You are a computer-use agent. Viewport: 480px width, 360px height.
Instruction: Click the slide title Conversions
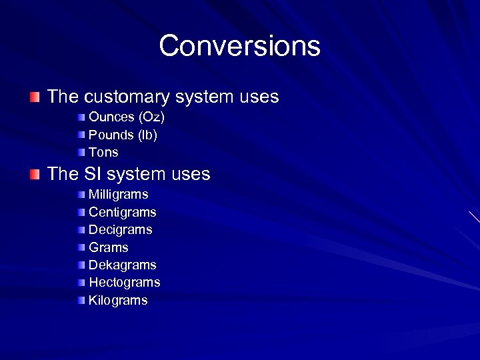(239, 46)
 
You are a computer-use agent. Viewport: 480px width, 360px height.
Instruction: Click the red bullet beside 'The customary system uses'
(35, 97)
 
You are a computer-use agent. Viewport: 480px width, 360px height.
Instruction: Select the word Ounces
(111, 117)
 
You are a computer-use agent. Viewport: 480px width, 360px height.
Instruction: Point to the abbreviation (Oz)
(151, 117)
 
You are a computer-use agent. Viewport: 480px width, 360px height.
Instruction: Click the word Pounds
(111, 135)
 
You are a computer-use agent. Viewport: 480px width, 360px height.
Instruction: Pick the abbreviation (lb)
(147, 135)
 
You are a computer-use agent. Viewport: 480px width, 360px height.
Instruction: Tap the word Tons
(103, 152)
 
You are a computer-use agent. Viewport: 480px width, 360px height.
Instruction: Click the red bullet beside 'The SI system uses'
(35, 175)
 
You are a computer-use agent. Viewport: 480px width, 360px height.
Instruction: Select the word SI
(92, 175)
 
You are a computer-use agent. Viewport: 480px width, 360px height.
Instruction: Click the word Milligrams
(119, 195)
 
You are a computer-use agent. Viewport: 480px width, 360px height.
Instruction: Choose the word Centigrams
(123, 212)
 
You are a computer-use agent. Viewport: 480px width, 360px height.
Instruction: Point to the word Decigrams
(121, 229)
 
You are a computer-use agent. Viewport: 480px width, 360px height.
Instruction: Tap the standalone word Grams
(108, 247)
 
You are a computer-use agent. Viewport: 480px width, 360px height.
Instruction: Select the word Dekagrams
(123, 265)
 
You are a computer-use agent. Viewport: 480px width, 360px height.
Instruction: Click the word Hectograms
(125, 283)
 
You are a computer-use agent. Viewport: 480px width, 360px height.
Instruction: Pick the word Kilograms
(118, 300)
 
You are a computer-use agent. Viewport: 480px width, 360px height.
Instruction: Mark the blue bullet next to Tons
(81, 152)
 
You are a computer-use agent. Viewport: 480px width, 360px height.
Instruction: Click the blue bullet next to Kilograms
(81, 300)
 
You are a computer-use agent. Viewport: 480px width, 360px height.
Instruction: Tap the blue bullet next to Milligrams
(81, 195)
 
